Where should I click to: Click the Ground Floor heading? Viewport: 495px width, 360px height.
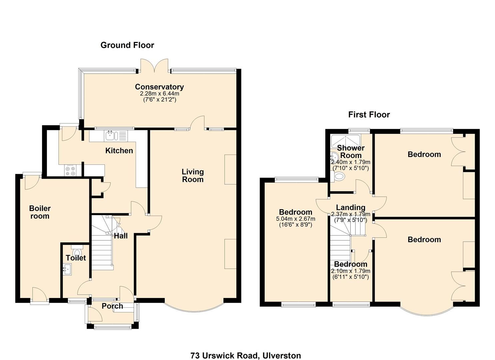tap(127, 45)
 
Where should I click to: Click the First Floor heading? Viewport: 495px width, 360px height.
tap(369, 115)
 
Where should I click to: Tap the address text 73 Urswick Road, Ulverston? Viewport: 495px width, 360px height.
tap(246, 355)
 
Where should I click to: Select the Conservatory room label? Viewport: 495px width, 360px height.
tap(159, 87)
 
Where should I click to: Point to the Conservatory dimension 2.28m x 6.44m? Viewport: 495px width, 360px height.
tap(159, 94)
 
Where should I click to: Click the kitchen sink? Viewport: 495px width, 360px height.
tap(110, 135)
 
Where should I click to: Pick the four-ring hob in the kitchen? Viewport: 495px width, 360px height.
tap(70, 170)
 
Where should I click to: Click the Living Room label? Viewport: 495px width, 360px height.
tap(192, 176)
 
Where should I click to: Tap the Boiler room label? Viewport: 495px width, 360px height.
tap(40, 212)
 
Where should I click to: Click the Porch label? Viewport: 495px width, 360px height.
tap(112, 306)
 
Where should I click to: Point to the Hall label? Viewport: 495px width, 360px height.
tap(121, 236)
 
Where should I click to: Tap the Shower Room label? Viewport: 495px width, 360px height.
tap(351, 152)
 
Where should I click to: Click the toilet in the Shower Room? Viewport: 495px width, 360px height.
tap(339, 176)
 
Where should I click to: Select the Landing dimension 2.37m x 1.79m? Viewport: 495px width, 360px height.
tap(350, 214)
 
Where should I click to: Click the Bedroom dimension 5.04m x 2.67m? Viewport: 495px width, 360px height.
tap(295, 219)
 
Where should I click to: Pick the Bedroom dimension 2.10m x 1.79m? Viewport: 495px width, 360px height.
tap(350, 271)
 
